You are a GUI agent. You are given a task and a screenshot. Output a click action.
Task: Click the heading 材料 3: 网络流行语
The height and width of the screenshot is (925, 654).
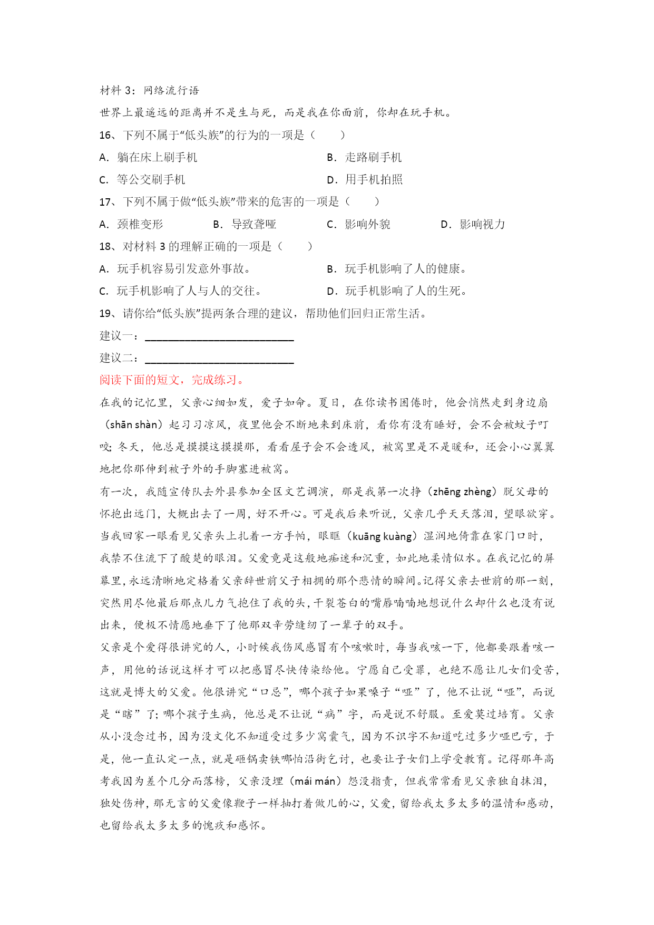[x=150, y=91]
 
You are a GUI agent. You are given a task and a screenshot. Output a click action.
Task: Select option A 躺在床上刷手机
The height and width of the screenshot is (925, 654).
[x=149, y=158]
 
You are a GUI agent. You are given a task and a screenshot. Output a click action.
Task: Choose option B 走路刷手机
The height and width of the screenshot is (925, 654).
[x=364, y=158]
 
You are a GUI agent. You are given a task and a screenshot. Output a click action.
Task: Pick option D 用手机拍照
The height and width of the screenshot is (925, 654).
[x=365, y=180]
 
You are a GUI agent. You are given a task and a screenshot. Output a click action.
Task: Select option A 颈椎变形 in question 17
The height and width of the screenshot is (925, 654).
[x=132, y=225]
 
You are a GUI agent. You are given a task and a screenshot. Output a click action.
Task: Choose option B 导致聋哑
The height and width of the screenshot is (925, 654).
[x=245, y=225]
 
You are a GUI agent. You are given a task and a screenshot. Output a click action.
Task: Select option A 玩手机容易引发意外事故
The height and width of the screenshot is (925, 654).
[x=175, y=269]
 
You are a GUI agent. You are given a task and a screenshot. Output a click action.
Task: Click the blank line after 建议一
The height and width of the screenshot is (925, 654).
[x=219, y=336]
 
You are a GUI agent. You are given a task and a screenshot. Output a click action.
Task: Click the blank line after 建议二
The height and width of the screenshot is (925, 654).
[x=219, y=359]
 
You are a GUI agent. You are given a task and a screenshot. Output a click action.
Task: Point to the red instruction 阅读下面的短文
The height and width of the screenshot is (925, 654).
[x=172, y=380]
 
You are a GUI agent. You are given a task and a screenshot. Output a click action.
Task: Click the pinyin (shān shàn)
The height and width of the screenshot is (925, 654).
[x=134, y=425]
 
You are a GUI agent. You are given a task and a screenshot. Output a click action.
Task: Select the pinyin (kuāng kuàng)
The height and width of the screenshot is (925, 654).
[x=382, y=537]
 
